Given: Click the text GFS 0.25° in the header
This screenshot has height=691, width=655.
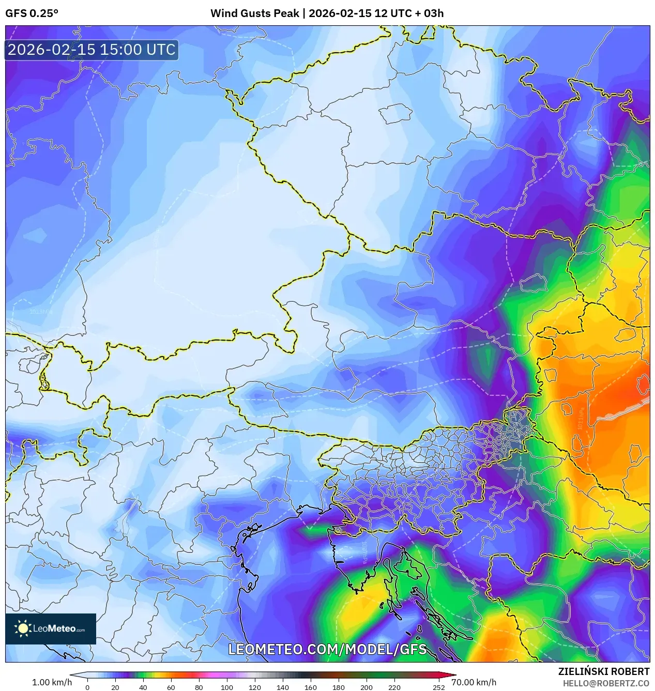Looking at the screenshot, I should click(32, 13).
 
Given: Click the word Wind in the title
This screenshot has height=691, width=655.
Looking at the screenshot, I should click(223, 13).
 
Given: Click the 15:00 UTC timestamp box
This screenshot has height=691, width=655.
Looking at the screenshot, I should click(92, 50).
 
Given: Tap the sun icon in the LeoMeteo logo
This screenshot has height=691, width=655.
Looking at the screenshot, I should click(23, 628).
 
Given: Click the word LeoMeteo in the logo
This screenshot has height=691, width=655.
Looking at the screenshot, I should click(54, 629).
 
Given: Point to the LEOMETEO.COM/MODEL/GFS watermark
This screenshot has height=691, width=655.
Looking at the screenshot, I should click(327, 649).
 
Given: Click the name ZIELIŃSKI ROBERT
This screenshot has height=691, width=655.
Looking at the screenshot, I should click(603, 671).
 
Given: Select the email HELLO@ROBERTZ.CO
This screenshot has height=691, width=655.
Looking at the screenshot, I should click(606, 683).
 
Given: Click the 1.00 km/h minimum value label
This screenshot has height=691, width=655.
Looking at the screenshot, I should click(52, 682).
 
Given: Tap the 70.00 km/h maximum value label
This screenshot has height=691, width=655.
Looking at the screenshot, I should click(474, 682).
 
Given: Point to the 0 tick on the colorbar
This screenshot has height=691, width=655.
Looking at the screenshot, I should click(87, 687).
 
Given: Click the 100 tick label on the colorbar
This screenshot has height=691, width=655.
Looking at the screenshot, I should click(226, 687).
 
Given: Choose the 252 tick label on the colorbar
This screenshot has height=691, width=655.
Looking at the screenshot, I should click(438, 687).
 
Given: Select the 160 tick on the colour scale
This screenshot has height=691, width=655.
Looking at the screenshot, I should click(310, 687).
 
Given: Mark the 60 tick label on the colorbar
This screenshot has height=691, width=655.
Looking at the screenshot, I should click(171, 687).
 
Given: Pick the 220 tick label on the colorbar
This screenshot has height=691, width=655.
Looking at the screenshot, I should click(394, 687).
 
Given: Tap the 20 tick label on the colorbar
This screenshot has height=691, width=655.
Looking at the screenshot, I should click(115, 687).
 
